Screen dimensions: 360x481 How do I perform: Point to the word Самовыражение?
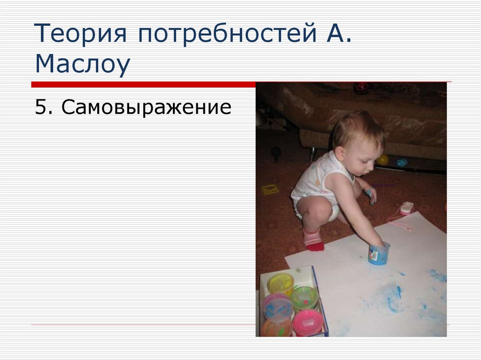[146, 107]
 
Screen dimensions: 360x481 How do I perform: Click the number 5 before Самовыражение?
[41, 107]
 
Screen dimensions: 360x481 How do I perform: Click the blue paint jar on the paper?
[379, 253]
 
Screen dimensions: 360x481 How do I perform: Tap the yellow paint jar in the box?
[280, 283]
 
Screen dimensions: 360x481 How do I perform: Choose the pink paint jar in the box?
[308, 322]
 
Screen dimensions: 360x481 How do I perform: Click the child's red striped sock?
[313, 239]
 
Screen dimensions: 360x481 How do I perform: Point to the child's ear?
[339, 153]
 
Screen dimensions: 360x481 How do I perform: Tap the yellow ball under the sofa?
[383, 160]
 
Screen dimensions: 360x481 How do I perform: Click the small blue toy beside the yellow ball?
[402, 163]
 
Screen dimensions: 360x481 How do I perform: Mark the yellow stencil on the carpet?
[270, 189]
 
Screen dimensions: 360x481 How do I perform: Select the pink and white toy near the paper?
[406, 207]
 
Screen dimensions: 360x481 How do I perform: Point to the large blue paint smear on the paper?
[392, 299]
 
